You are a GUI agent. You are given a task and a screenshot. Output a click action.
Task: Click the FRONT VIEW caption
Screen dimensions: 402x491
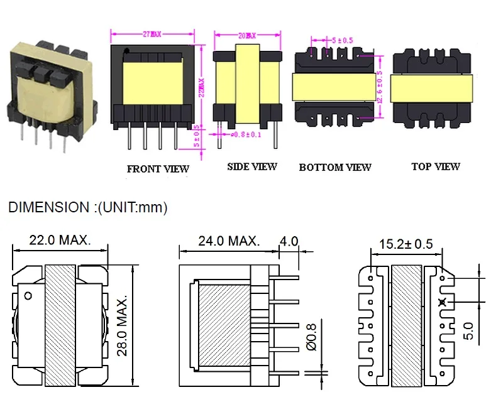coord(158,169)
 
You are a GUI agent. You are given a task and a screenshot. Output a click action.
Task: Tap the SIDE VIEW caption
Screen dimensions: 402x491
coord(251,166)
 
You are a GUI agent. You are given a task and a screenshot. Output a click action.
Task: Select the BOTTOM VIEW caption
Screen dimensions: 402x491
coord(335,167)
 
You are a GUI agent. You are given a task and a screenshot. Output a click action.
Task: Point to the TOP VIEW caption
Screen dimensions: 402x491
coord(436,166)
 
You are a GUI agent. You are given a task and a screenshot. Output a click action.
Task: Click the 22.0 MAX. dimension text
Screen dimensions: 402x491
coord(60,240)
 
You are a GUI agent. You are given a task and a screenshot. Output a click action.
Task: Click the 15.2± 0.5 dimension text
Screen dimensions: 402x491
coord(406,244)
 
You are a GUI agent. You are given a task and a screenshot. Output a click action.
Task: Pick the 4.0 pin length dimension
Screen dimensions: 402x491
coord(290,241)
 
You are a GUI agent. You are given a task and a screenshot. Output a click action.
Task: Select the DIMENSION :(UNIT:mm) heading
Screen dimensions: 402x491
coord(88,207)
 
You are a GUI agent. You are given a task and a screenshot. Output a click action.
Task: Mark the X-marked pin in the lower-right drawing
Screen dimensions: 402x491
coord(442,302)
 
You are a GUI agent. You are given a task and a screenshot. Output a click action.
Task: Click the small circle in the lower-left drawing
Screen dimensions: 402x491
coord(28,295)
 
